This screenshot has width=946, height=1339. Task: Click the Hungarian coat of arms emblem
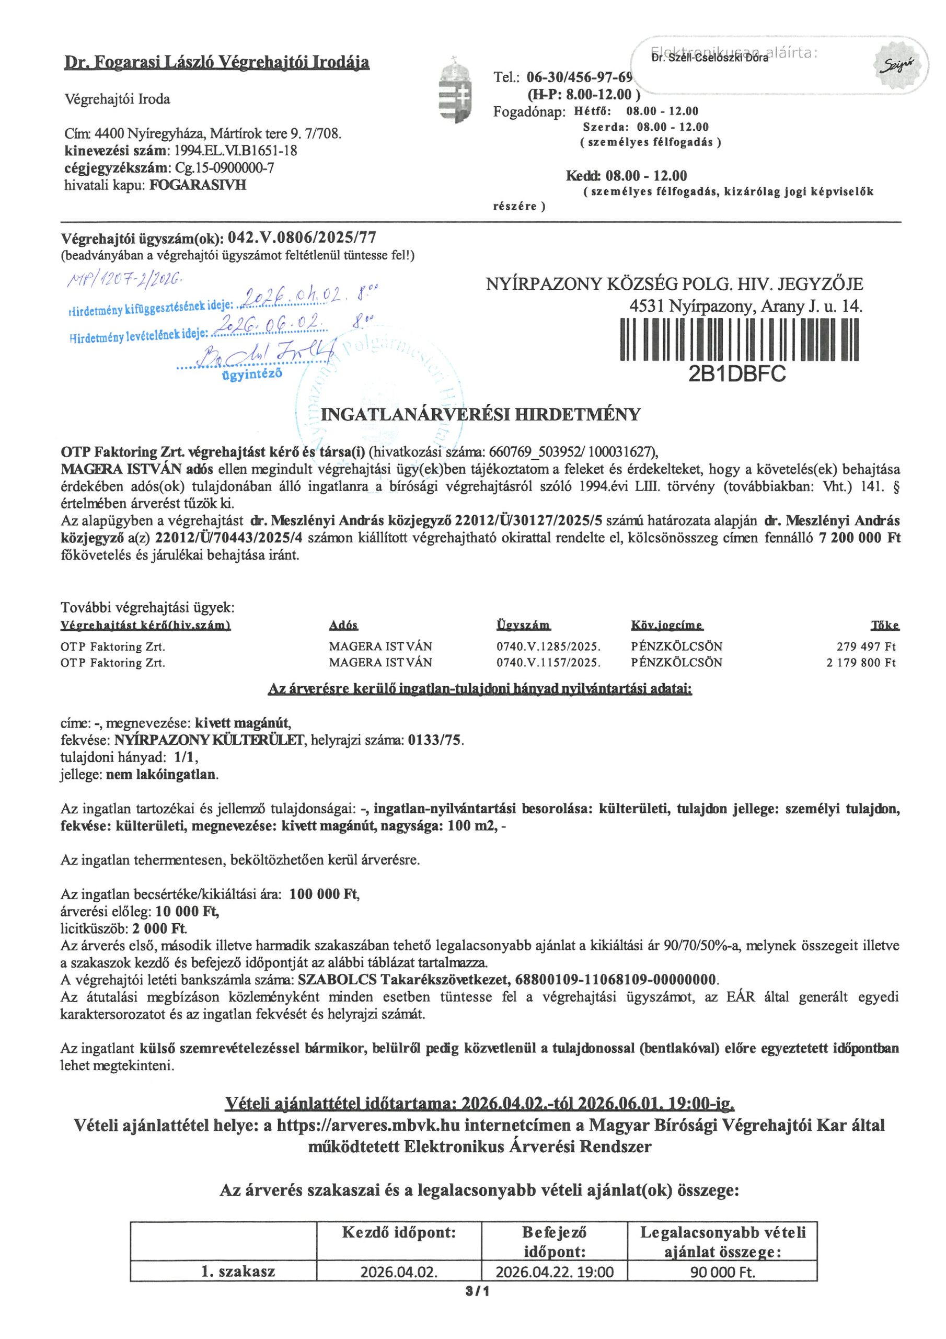click(x=455, y=89)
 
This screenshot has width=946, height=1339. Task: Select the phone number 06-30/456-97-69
click(x=579, y=77)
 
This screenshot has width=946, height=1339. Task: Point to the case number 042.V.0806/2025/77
click(x=302, y=238)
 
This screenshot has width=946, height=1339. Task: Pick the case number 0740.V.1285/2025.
click(x=548, y=646)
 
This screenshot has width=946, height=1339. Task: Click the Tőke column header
click(x=884, y=625)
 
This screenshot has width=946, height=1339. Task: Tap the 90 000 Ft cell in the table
click(x=722, y=1272)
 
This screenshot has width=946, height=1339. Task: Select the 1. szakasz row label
click(x=238, y=1272)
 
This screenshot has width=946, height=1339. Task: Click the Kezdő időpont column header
click(x=399, y=1232)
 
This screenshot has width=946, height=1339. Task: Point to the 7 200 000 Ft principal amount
click(x=859, y=538)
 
